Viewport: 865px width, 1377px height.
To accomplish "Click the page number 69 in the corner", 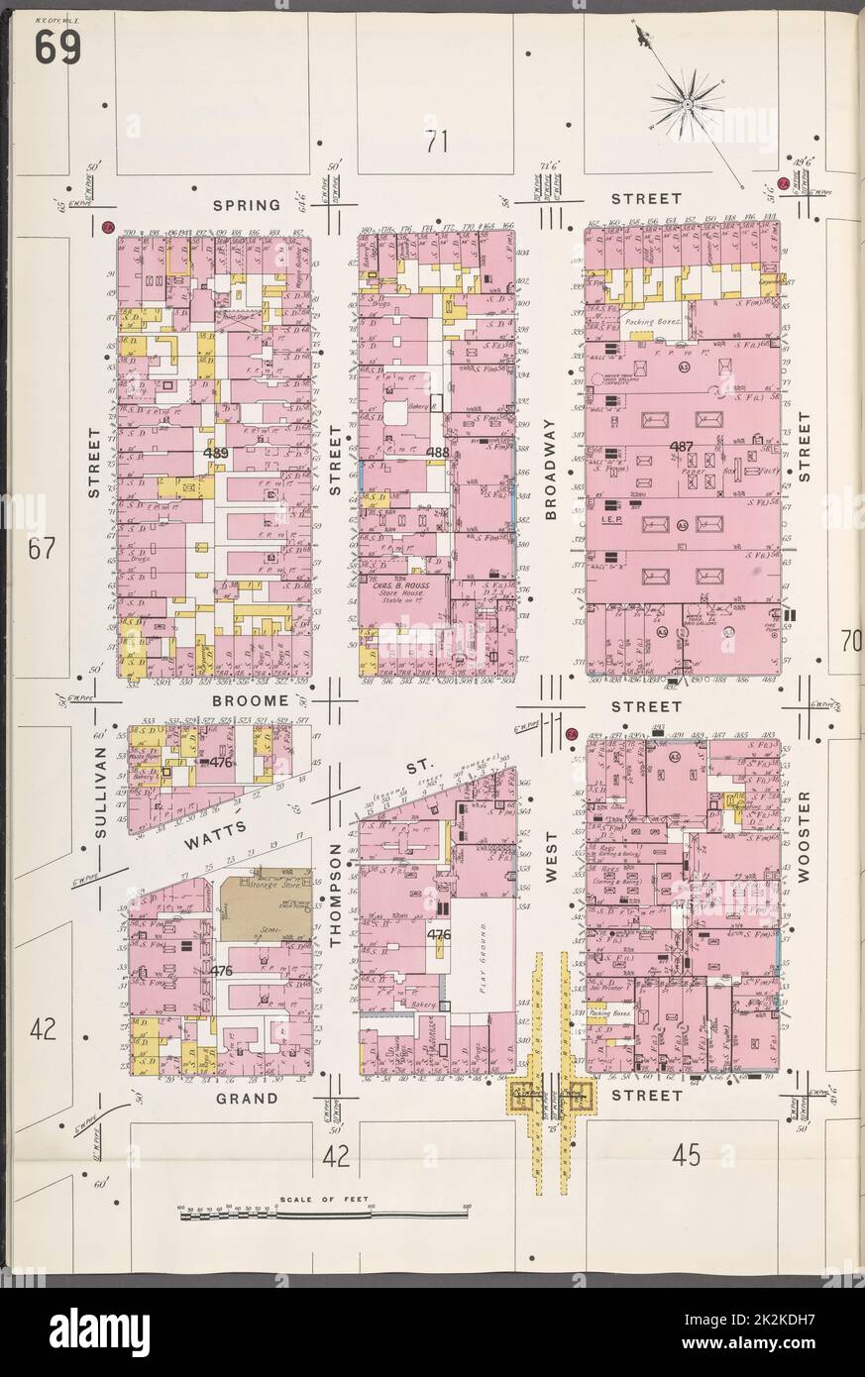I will [59, 47].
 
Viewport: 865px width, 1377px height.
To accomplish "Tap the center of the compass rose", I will [687, 102].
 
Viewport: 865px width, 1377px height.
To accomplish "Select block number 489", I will [215, 453].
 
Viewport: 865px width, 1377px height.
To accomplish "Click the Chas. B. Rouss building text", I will [406, 589].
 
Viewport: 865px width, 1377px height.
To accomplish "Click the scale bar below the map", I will [323, 1212].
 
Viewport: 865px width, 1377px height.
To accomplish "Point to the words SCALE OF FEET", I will [323, 1199].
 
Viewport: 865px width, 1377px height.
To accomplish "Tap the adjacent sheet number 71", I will [437, 143].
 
